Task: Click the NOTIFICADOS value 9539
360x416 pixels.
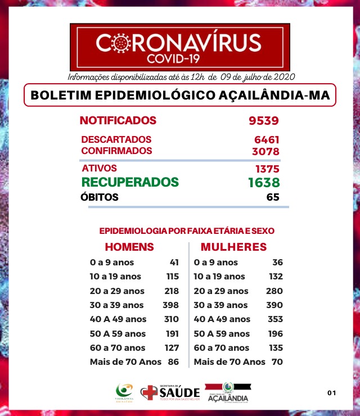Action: pyautogui.click(x=264, y=121)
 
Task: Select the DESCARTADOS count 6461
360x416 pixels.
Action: pyautogui.click(x=267, y=139)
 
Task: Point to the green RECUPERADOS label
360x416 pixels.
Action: pyautogui.click(x=130, y=182)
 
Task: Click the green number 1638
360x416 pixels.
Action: pyautogui.click(x=264, y=182)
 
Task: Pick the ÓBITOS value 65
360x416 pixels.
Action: pyautogui.click(x=273, y=197)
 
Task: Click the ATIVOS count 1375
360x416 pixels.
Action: pyautogui.click(x=267, y=169)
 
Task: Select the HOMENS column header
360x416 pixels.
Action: pyautogui.click(x=129, y=247)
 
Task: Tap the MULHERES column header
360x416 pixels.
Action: pyautogui.click(x=233, y=247)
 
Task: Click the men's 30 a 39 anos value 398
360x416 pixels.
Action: pyautogui.click(x=171, y=305)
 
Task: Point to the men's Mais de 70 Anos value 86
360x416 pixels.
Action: pyautogui.click(x=173, y=362)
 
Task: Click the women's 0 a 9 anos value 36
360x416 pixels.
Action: pyautogui.click(x=277, y=263)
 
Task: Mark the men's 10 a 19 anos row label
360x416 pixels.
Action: pyautogui.click(x=115, y=277)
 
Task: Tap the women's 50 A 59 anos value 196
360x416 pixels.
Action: pyautogui.click(x=274, y=334)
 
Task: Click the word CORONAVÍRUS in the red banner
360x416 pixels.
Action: pyautogui.click(x=179, y=43)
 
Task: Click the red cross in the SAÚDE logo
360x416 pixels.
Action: pyautogui.click(x=149, y=392)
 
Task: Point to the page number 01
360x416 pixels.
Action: pyautogui.click(x=331, y=392)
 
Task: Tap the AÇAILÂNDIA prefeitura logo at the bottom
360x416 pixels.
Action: pyautogui.click(x=228, y=392)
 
